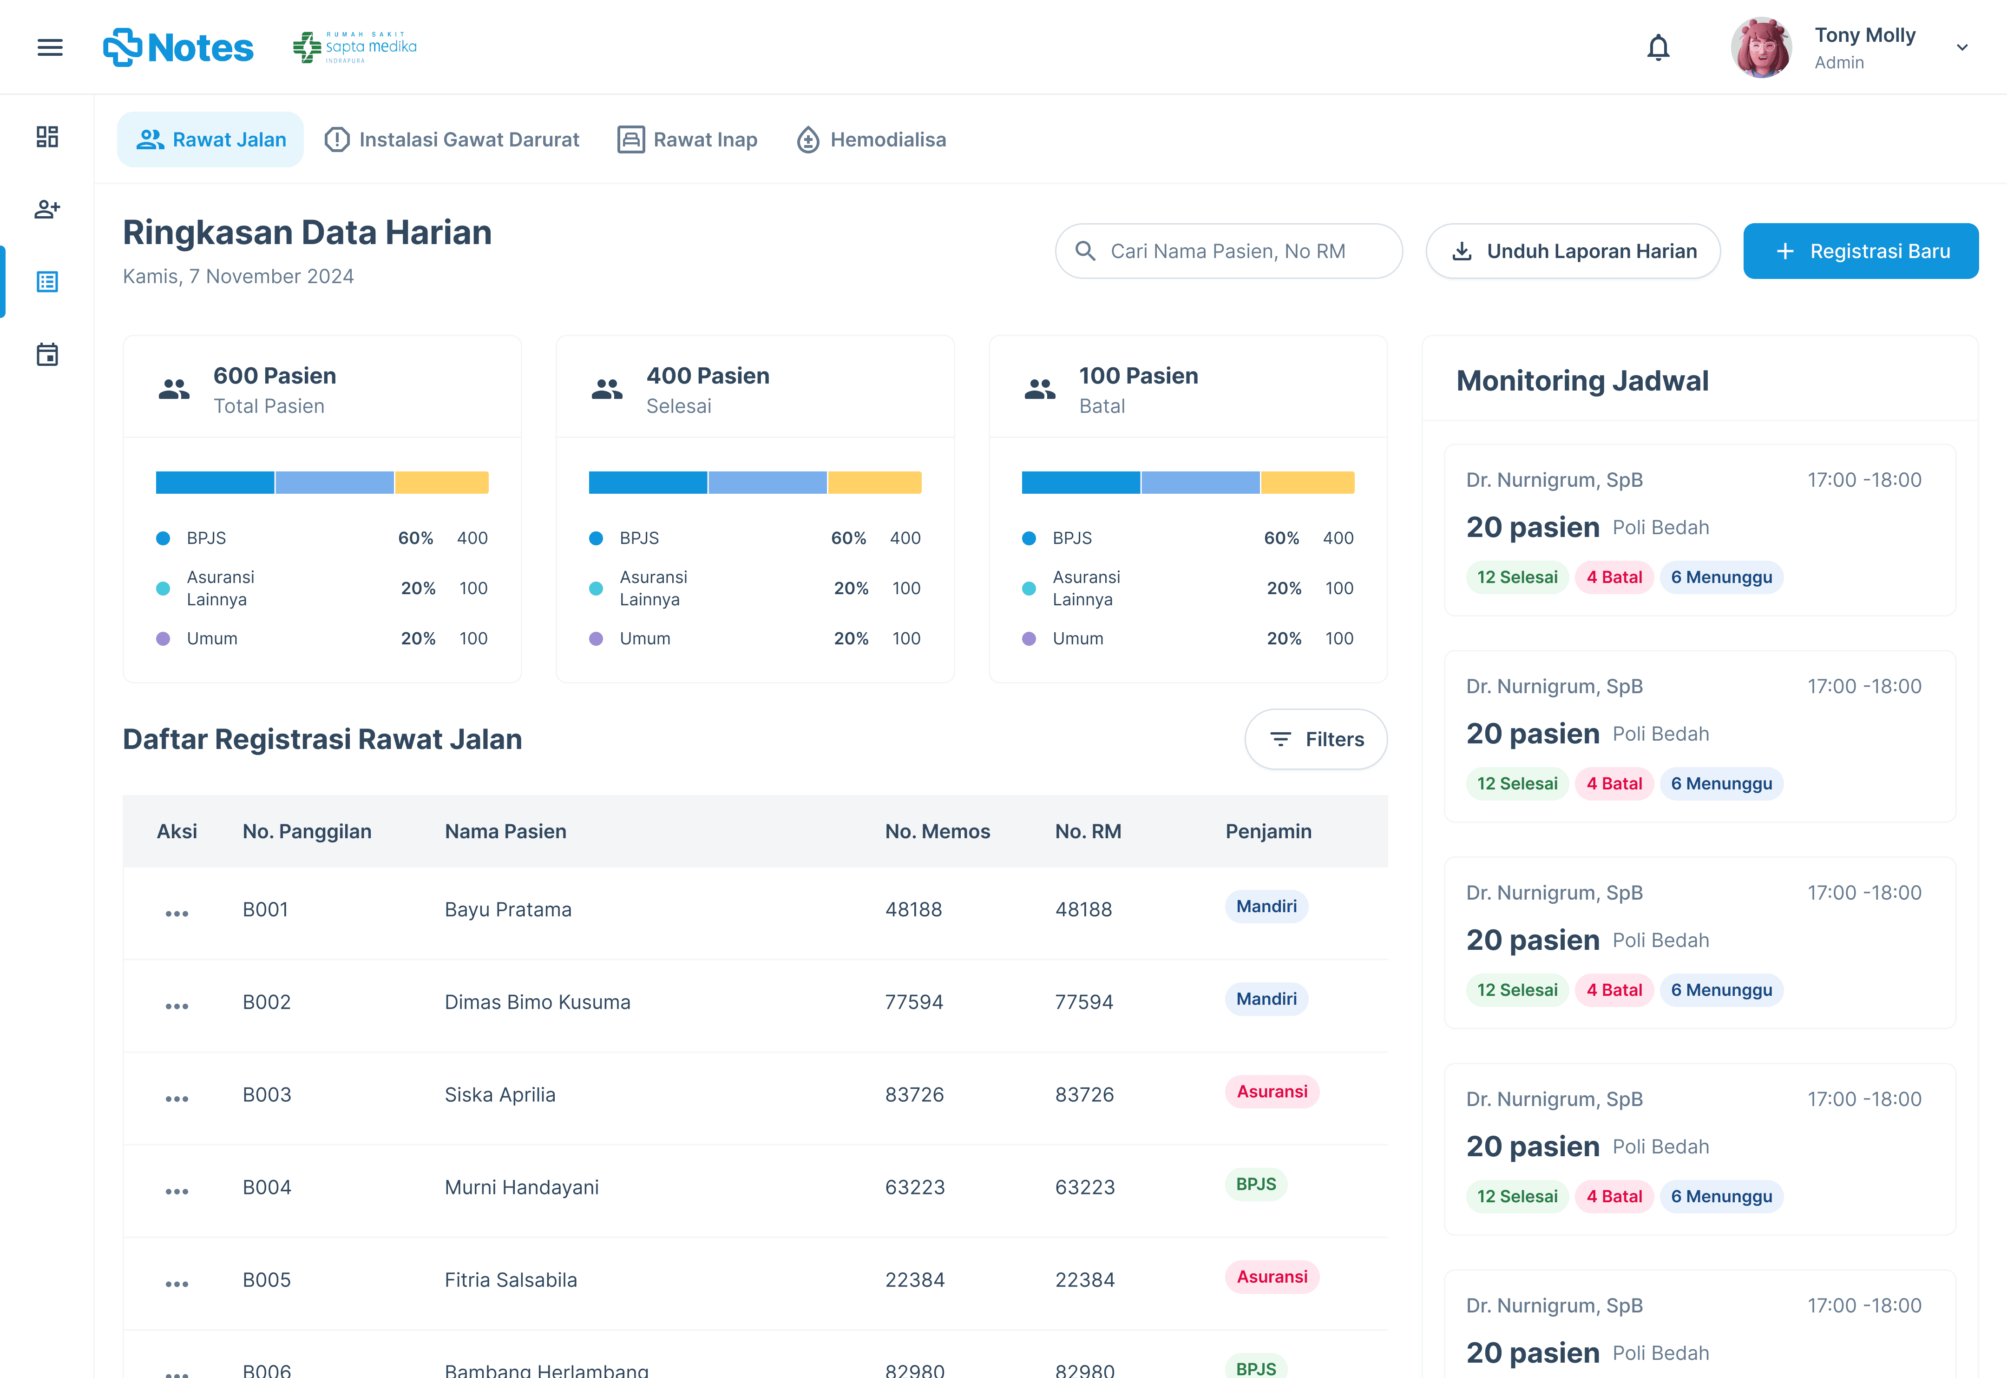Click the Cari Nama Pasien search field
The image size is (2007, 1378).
pos(1228,252)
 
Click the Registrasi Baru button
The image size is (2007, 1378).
pos(1861,252)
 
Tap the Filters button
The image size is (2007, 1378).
pos(1316,740)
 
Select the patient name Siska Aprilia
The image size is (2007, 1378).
pos(500,1094)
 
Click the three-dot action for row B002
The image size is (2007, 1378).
pos(177,1006)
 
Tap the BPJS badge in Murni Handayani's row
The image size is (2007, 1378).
pos(1256,1185)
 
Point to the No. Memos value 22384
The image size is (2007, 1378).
pos(915,1279)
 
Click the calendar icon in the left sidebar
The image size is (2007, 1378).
pos(47,354)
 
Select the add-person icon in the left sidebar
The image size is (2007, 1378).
pos(47,209)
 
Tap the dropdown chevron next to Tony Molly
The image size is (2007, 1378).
pos(1962,47)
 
